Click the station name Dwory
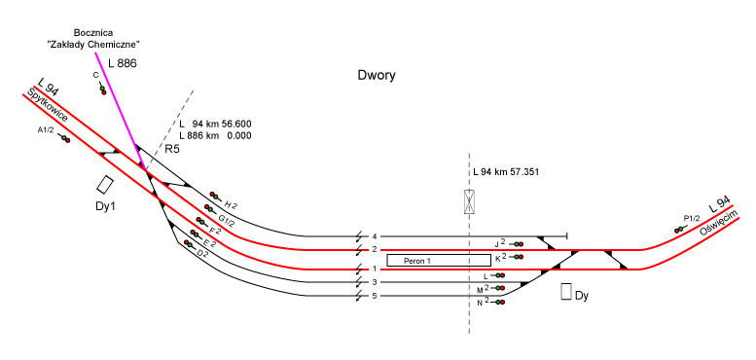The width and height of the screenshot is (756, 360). tap(377, 76)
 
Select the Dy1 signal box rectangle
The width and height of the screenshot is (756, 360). tap(105, 184)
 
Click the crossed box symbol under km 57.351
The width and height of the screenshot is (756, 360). tap(470, 202)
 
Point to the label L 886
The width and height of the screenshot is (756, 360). tap(123, 63)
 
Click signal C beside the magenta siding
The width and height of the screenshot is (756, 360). tap(102, 90)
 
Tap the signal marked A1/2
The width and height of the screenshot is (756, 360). tap(64, 139)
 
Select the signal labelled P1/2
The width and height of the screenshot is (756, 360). tap(680, 230)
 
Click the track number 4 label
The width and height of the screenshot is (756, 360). tap(375, 236)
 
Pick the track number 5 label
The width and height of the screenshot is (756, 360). tap(375, 296)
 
